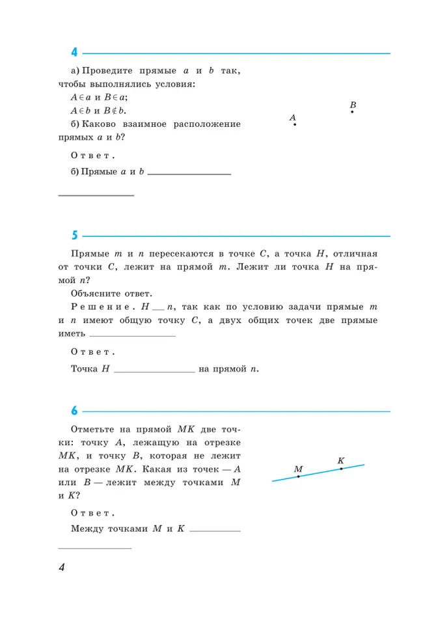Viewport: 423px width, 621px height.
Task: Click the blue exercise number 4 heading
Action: pyautogui.click(x=74, y=53)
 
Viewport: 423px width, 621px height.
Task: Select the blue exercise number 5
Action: pyautogui.click(x=74, y=236)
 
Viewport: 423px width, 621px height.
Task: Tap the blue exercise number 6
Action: pyautogui.click(x=74, y=411)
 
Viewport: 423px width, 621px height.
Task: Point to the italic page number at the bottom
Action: pyautogui.click(x=62, y=568)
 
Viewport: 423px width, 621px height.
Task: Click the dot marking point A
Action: pyautogui.click(x=294, y=124)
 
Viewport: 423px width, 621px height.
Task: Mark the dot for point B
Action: pyautogui.click(x=352, y=112)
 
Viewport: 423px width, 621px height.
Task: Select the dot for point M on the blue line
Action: pyautogui.click(x=298, y=476)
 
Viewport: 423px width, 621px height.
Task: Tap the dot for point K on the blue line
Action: pyautogui.click(x=341, y=469)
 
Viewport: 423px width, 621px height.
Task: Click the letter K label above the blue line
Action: pyautogui.click(x=341, y=460)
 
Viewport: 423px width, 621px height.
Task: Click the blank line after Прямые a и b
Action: pyautogui.click(x=189, y=173)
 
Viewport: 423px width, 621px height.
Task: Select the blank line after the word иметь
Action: pyautogui.click(x=132, y=335)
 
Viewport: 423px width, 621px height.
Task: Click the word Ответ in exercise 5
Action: pyautogui.click(x=92, y=352)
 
